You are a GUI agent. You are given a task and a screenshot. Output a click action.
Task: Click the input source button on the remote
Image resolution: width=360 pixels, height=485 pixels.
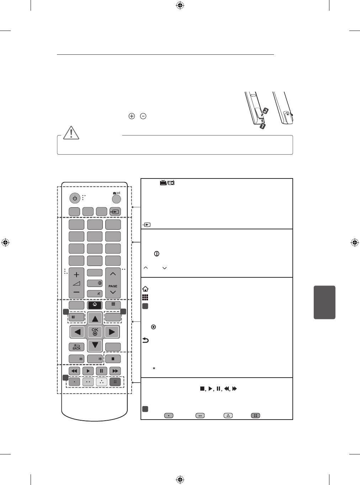[115, 212]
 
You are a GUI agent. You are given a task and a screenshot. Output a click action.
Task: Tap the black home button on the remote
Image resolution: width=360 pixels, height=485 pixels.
[95, 305]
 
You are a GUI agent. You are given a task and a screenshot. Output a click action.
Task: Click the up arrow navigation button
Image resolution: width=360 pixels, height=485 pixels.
[95, 319]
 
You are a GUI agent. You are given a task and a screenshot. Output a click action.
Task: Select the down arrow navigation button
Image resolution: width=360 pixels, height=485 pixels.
[95, 345]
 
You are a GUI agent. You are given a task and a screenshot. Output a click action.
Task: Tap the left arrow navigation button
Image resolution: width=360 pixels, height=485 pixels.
[77, 332]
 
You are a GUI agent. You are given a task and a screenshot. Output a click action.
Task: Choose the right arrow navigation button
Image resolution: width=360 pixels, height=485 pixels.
[112, 332]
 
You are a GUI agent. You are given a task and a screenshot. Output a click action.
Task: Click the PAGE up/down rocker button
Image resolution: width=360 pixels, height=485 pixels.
[113, 283]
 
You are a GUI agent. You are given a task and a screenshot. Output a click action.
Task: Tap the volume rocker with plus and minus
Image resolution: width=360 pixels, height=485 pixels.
[76, 283]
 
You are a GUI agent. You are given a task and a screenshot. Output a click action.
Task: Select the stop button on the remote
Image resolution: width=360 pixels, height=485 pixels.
[113, 359]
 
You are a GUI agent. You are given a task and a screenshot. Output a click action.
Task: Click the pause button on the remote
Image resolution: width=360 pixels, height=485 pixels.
[101, 371]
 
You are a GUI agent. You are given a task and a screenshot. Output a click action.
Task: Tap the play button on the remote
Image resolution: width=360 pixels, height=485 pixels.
[88, 371]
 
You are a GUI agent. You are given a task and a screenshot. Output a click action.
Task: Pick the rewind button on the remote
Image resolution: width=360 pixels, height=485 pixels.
[74, 371]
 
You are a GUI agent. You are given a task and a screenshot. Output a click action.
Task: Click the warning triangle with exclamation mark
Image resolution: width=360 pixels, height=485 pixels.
[72, 132]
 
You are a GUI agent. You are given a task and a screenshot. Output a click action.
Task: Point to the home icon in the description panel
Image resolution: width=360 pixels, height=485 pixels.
[145, 289]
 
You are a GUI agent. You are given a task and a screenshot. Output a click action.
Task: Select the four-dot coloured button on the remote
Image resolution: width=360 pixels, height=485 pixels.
[115, 382]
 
